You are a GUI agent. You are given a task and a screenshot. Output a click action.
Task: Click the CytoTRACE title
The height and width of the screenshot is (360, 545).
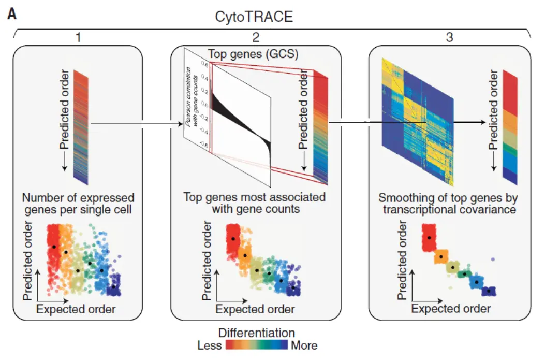[x=254, y=17]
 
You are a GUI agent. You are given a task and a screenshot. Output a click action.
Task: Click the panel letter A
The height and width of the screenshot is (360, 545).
[x=11, y=14]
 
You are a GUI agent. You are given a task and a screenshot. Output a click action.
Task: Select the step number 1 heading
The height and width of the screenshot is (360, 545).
[x=78, y=38]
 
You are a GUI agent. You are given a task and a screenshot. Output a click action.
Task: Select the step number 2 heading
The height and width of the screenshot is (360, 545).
[x=256, y=38]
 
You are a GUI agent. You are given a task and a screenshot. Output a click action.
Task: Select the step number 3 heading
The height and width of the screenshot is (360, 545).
[x=448, y=38]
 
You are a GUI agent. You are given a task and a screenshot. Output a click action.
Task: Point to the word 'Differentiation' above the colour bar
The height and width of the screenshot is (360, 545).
[x=257, y=333]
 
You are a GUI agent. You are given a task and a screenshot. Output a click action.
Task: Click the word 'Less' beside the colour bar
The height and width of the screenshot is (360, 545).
[x=209, y=345]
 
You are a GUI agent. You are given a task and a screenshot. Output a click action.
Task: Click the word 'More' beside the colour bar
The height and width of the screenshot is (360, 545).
[x=304, y=345]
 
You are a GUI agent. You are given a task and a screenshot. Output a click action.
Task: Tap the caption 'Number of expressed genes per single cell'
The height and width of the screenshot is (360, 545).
[x=78, y=204]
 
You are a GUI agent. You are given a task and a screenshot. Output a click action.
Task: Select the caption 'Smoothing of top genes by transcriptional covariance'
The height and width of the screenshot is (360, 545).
[x=448, y=204]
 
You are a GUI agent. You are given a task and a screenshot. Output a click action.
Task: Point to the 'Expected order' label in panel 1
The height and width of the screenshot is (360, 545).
[x=76, y=309]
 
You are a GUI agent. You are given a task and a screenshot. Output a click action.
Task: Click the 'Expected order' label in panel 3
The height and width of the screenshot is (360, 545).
[x=451, y=309]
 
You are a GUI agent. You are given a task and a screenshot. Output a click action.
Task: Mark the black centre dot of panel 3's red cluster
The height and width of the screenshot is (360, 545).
[x=429, y=237]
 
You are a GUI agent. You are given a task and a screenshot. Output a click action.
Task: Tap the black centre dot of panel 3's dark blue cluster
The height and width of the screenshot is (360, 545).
[x=489, y=291]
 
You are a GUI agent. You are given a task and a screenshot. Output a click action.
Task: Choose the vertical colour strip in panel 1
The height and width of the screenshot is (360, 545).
[x=81, y=127]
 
